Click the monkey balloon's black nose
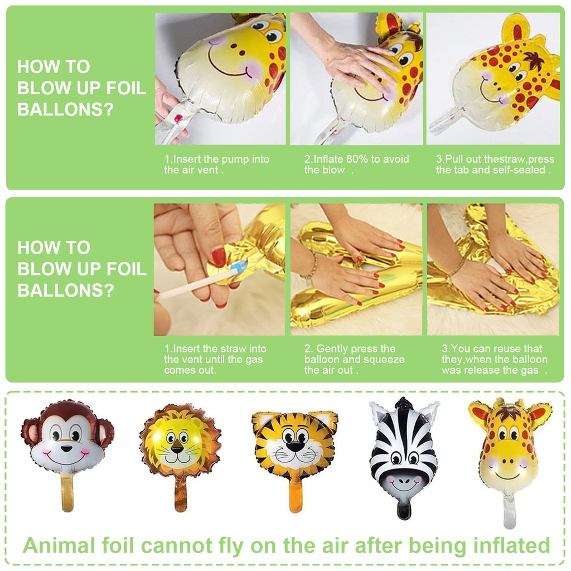[x=66, y=448]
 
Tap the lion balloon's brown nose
[x=177, y=449]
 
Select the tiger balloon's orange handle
[x=296, y=496]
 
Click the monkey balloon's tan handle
[x=67, y=493]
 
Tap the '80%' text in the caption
[x=357, y=159]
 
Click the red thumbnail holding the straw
[x=219, y=257]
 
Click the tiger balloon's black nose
[x=295, y=447]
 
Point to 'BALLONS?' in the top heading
[x=66, y=109]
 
